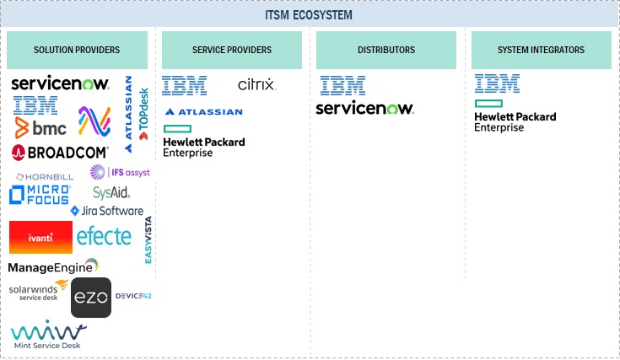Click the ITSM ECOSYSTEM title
(x=309, y=15)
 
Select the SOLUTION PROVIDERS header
(x=77, y=51)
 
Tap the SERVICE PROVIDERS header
(x=231, y=51)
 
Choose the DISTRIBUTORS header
(x=386, y=51)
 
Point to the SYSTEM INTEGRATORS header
(x=542, y=51)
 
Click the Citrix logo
(x=256, y=84)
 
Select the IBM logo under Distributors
(x=342, y=84)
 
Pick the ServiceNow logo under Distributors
(x=364, y=108)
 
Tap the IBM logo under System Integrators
(x=497, y=83)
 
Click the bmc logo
(x=40, y=127)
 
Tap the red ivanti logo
(x=40, y=238)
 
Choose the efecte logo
(x=104, y=236)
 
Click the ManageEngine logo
(x=52, y=267)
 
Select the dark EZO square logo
(x=91, y=298)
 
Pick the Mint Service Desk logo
(x=46, y=335)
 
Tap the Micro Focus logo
(x=39, y=195)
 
